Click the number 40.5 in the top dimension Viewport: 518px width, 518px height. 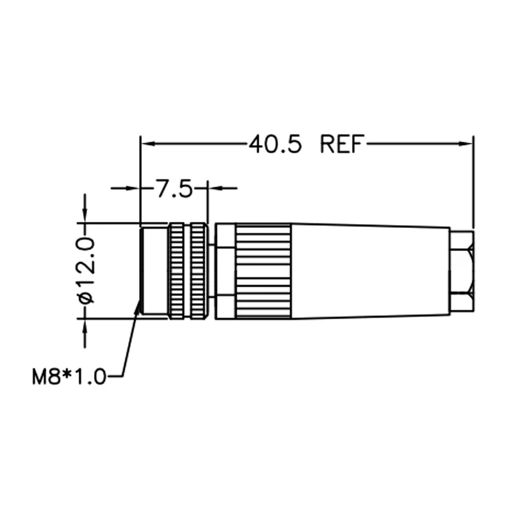click(x=275, y=144)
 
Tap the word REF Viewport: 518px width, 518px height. click(x=342, y=144)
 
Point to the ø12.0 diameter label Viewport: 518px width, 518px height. click(x=86, y=270)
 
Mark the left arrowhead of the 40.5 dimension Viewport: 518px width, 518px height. click(x=146, y=144)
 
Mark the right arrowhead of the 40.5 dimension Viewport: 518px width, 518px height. click(x=467, y=144)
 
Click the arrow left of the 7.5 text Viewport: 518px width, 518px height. click(x=133, y=189)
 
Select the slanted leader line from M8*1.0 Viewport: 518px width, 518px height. click(x=129, y=340)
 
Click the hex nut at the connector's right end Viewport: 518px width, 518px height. click(x=461, y=271)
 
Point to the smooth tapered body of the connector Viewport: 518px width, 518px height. click(x=370, y=271)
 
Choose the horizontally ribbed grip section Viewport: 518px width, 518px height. click(x=263, y=271)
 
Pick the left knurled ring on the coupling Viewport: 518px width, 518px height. click(x=178, y=271)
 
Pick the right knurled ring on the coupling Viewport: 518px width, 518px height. click(x=198, y=271)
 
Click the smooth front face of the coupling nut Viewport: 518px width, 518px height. click(x=154, y=271)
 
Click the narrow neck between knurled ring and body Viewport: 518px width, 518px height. click(x=212, y=271)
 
